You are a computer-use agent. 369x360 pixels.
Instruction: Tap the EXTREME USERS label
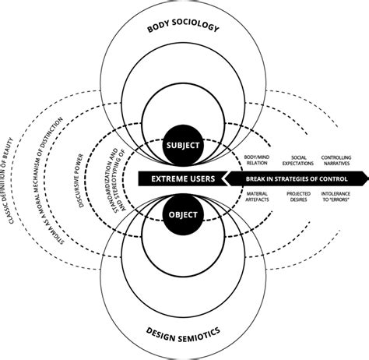184,179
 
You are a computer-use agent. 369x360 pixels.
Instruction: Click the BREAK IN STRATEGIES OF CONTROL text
290,179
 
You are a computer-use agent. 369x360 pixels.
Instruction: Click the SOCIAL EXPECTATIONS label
297,162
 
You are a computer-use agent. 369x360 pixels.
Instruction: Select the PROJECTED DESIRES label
297,198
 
